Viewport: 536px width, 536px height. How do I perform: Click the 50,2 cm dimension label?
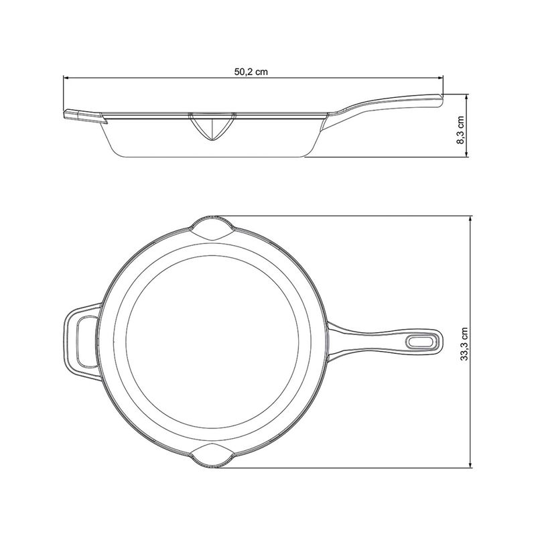[251, 72]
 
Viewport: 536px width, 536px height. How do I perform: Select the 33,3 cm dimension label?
[464, 344]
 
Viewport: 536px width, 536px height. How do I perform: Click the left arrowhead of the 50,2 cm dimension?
[66, 78]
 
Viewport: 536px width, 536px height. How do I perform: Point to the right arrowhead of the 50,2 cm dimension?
[440, 78]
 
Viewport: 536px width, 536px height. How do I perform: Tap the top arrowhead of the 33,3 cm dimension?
[472, 219]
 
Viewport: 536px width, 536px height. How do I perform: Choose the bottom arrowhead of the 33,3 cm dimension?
[472, 464]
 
